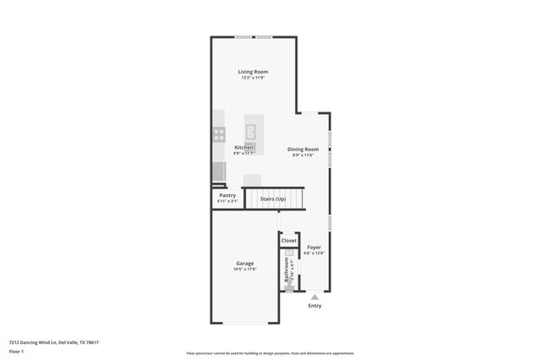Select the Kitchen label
[243, 147]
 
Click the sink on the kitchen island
[251, 131]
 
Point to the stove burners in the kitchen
[218, 133]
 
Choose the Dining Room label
[303, 149]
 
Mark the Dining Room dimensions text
[303, 155]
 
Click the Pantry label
[227, 195]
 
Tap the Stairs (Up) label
[272, 199]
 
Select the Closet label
[289, 241]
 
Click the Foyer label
[314, 247]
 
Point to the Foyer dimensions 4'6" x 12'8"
[314, 253]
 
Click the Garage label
[244, 263]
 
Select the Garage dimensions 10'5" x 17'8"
[244, 269]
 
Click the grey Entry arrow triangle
[314, 297]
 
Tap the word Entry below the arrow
[314, 306]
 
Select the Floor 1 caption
[16, 351]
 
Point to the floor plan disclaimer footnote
[270, 353]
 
